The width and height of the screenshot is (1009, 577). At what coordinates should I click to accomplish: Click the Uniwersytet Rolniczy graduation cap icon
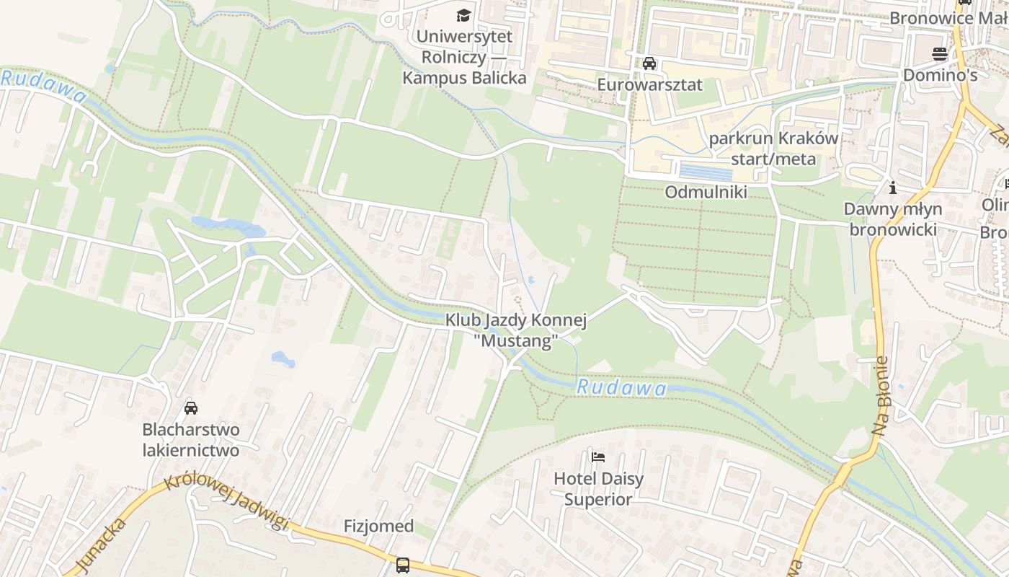click(x=463, y=15)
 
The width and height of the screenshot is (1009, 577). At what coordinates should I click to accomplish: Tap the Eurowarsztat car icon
click(x=649, y=63)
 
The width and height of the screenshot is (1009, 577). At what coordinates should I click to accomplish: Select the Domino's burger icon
click(x=940, y=53)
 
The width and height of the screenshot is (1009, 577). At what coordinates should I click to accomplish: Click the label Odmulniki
click(x=706, y=192)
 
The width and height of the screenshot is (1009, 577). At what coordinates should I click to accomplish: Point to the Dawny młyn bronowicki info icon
click(x=893, y=188)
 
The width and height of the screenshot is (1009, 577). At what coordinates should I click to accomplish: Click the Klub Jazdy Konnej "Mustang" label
click(x=516, y=330)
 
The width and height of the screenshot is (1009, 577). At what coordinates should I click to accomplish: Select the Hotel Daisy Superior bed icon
click(x=597, y=457)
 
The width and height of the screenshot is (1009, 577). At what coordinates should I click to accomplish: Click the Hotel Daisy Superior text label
click(x=598, y=488)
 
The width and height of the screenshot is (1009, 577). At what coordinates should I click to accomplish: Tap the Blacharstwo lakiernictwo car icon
click(x=191, y=408)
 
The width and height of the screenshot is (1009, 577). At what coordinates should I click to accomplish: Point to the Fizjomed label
click(x=378, y=527)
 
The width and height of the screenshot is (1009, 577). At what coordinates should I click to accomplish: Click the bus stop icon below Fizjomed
click(x=403, y=565)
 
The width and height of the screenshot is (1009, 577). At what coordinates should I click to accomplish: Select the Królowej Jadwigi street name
click(x=226, y=503)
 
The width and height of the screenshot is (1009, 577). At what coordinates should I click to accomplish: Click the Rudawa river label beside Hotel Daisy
click(x=621, y=388)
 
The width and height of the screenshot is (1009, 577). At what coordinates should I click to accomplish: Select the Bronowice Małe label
click(x=948, y=17)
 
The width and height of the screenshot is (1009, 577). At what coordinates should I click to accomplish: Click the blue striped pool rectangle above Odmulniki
click(x=706, y=172)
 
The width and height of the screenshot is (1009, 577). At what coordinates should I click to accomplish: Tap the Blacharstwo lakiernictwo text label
click(x=190, y=440)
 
